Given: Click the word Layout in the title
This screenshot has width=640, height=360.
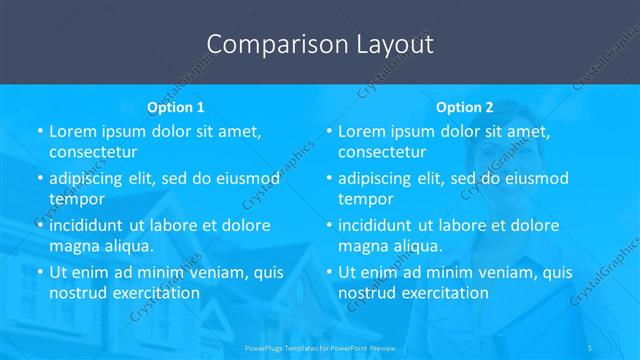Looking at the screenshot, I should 392,44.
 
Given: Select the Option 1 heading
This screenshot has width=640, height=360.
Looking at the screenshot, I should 176,106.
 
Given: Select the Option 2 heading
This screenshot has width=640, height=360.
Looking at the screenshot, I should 465,106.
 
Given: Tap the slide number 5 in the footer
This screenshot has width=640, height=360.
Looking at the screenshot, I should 589,345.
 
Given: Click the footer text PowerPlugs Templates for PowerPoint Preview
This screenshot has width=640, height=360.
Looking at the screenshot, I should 319,345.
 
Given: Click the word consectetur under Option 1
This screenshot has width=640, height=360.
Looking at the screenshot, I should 92,152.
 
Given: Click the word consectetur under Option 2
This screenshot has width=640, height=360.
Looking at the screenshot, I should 381,152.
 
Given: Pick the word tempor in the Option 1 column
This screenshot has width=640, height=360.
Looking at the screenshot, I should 77,199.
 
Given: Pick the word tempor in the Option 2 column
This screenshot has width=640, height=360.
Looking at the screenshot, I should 366,199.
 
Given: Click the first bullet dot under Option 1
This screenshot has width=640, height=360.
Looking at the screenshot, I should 39,132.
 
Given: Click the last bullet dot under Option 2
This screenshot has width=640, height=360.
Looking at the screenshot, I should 328,272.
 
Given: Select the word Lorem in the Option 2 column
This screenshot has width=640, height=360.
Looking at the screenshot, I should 362,132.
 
